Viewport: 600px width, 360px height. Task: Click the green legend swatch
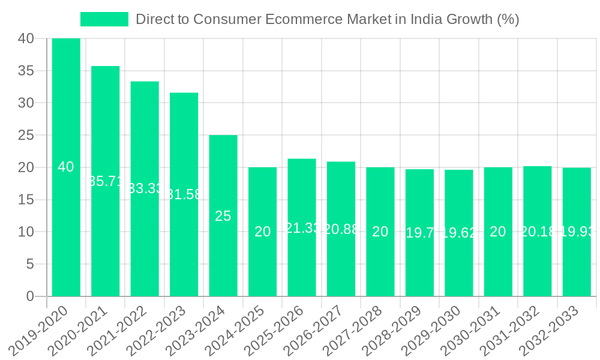[104, 19]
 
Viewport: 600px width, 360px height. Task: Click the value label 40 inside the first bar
[66, 167]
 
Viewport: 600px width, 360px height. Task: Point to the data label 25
[223, 216]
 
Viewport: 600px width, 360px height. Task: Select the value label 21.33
[302, 228]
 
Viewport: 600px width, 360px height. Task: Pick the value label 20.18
[538, 232]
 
